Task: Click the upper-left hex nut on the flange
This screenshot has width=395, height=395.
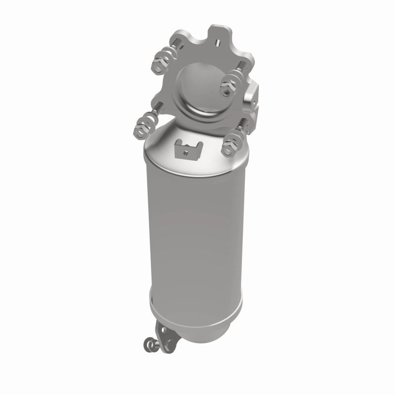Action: (x=159, y=63)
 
